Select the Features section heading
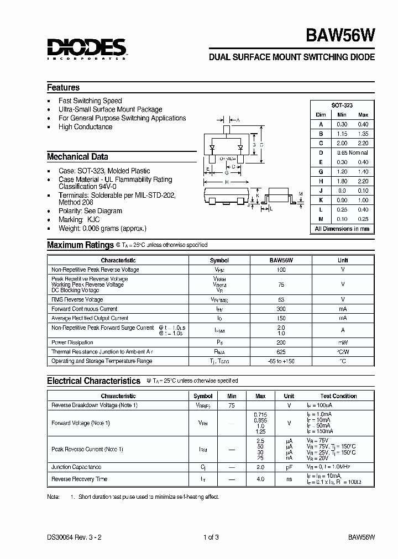[63, 88]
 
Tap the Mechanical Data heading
[77, 157]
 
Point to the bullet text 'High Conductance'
[85, 127]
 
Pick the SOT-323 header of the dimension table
[342, 105]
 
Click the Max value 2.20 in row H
[363, 181]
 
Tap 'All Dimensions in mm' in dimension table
[342, 229]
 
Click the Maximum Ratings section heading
[80, 245]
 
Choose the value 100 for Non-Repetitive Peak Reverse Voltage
[281, 270]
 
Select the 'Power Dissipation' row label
[72, 342]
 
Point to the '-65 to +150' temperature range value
[281, 361]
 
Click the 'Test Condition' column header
[338, 396]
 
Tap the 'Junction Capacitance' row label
[76, 467]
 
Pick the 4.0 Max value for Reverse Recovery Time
[260, 479]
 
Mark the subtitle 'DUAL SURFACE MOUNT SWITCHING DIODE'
[291, 57]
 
